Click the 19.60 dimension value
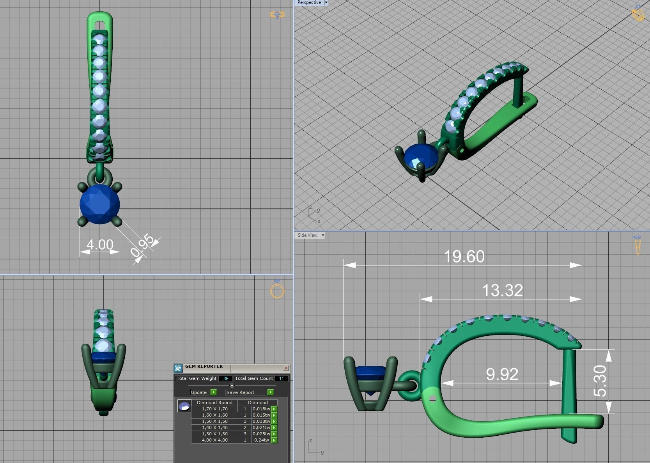click(464, 257)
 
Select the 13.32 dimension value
click(502, 291)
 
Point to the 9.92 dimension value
click(502, 374)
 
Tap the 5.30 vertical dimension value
click(600, 381)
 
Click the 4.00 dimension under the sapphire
click(100, 245)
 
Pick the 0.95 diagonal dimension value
click(143, 246)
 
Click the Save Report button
click(240, 392)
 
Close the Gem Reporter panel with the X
click(286, 368)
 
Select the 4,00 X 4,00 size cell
click(214, 440)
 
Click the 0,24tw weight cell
click(261, 440)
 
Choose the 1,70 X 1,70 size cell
click(214, 409)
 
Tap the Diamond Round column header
click(214, 403)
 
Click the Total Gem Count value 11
click(282, 378)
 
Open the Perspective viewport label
click(309, 3)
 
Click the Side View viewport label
click(307, 235)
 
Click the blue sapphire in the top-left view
click(100, 204)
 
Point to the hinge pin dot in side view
click(432, 399)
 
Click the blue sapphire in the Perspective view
click(420, 158)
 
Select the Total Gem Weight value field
click(225, 378)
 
